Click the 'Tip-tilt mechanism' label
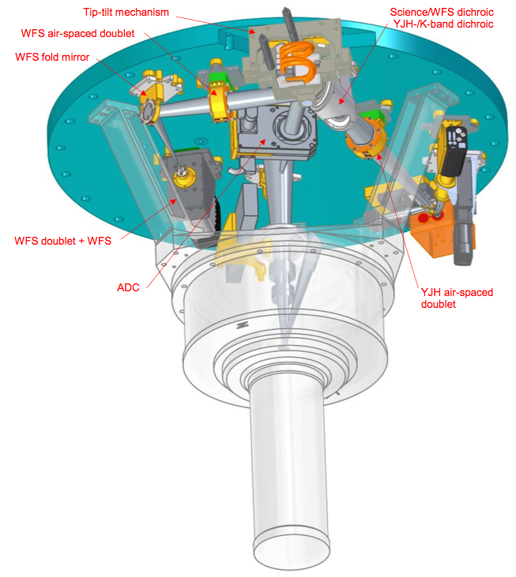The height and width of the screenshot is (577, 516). click(126, 12)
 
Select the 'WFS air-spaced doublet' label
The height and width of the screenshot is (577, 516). click(77, 33)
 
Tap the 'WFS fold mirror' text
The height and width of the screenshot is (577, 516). click(52, 57)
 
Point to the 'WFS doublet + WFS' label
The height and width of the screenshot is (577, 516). click(62, 241)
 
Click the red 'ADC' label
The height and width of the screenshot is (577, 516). click(128, 287)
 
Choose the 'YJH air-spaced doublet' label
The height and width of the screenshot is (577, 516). click(457, 298)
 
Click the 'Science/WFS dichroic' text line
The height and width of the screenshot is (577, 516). click(442, 12)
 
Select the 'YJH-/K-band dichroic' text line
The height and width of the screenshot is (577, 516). click(443, 24)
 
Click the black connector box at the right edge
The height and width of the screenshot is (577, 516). click(454, 151)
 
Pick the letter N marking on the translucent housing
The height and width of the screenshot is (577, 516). click(243, 325)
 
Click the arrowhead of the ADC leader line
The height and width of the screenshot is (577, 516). click(263, 141)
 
